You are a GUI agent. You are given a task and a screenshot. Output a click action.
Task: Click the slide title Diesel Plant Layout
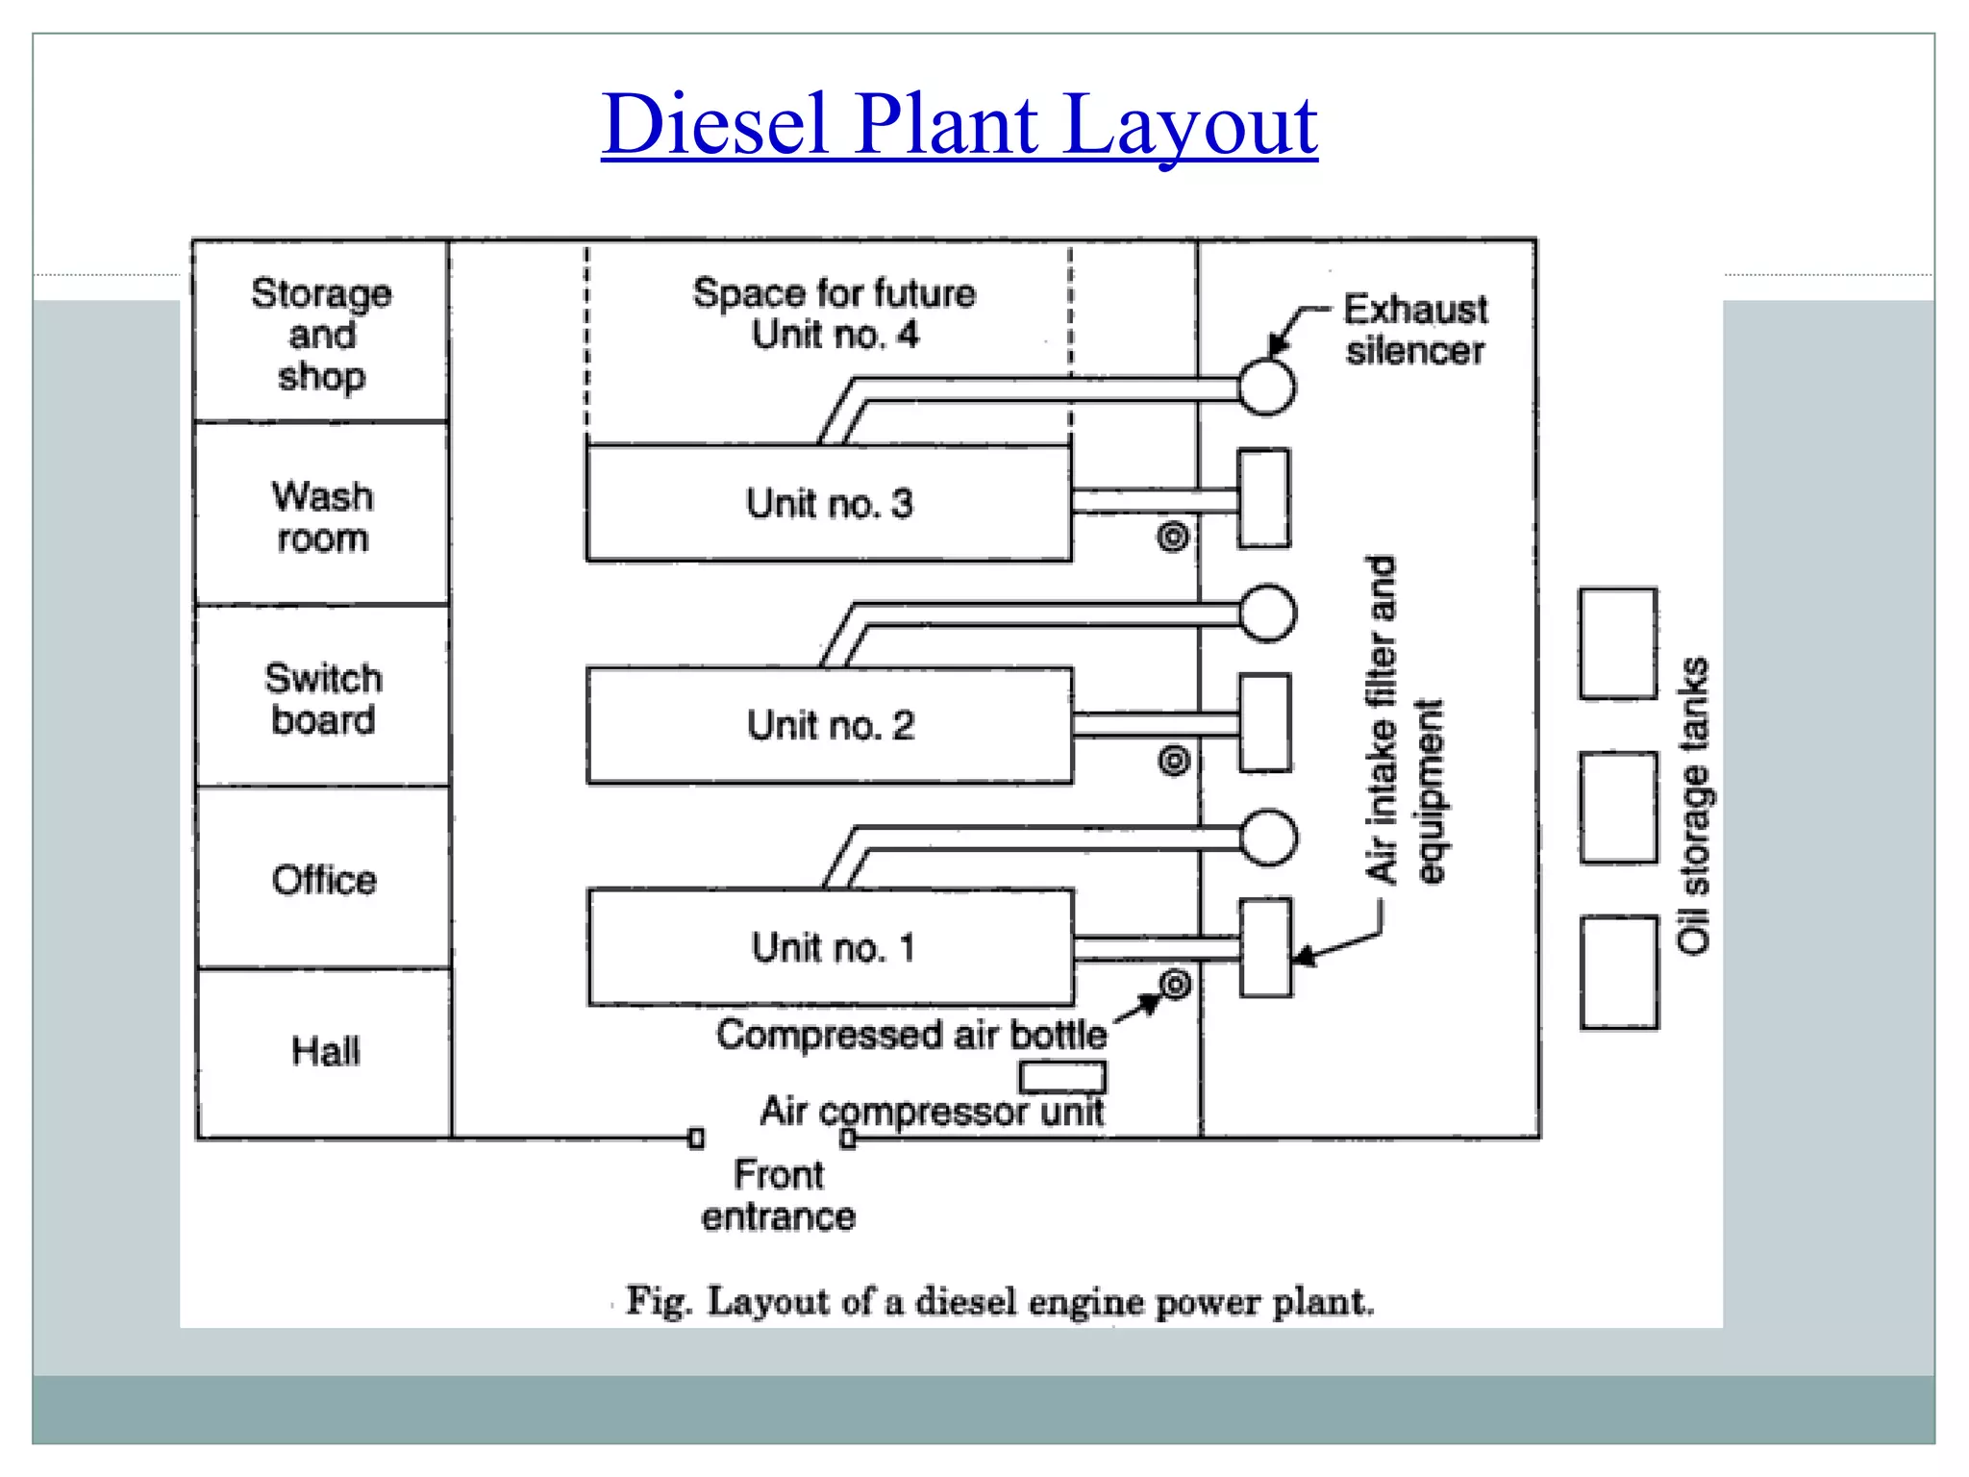(959, 125)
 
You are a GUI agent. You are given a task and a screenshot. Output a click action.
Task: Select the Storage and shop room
(321, 333)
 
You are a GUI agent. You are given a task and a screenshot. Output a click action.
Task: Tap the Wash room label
(322, 516)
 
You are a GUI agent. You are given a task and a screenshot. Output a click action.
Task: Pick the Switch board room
(323, 698)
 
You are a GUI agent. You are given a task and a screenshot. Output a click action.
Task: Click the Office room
(324, 879)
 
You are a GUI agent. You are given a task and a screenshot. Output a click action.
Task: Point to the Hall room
(325, 1051)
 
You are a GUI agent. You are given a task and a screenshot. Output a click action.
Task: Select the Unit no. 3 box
(829, 503)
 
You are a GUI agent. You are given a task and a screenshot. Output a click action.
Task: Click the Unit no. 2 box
(830, 725)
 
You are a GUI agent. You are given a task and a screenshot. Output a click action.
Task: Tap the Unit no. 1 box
(831, 947)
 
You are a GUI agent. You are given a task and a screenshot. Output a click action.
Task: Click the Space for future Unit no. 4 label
(834, 313)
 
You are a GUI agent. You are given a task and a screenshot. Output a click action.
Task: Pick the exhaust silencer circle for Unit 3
(1266, 388)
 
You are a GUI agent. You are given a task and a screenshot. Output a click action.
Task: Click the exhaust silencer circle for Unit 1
(1268, 838)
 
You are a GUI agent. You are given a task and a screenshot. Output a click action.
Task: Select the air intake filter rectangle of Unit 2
(1264, 723)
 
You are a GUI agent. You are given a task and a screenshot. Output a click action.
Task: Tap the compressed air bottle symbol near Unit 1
(1175, 984)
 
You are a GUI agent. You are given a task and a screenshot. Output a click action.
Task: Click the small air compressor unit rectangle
(1062, 1076)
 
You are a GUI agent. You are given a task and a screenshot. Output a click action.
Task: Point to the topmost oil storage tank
(1618, 643)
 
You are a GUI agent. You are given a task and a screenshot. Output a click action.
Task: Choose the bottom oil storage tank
(1619, 972)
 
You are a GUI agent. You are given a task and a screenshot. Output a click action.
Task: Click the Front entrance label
(779, 1195)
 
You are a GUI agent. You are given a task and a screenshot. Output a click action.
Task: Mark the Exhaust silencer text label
(1415, 330)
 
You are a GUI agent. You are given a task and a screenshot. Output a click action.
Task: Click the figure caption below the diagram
(1000, 1302)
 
